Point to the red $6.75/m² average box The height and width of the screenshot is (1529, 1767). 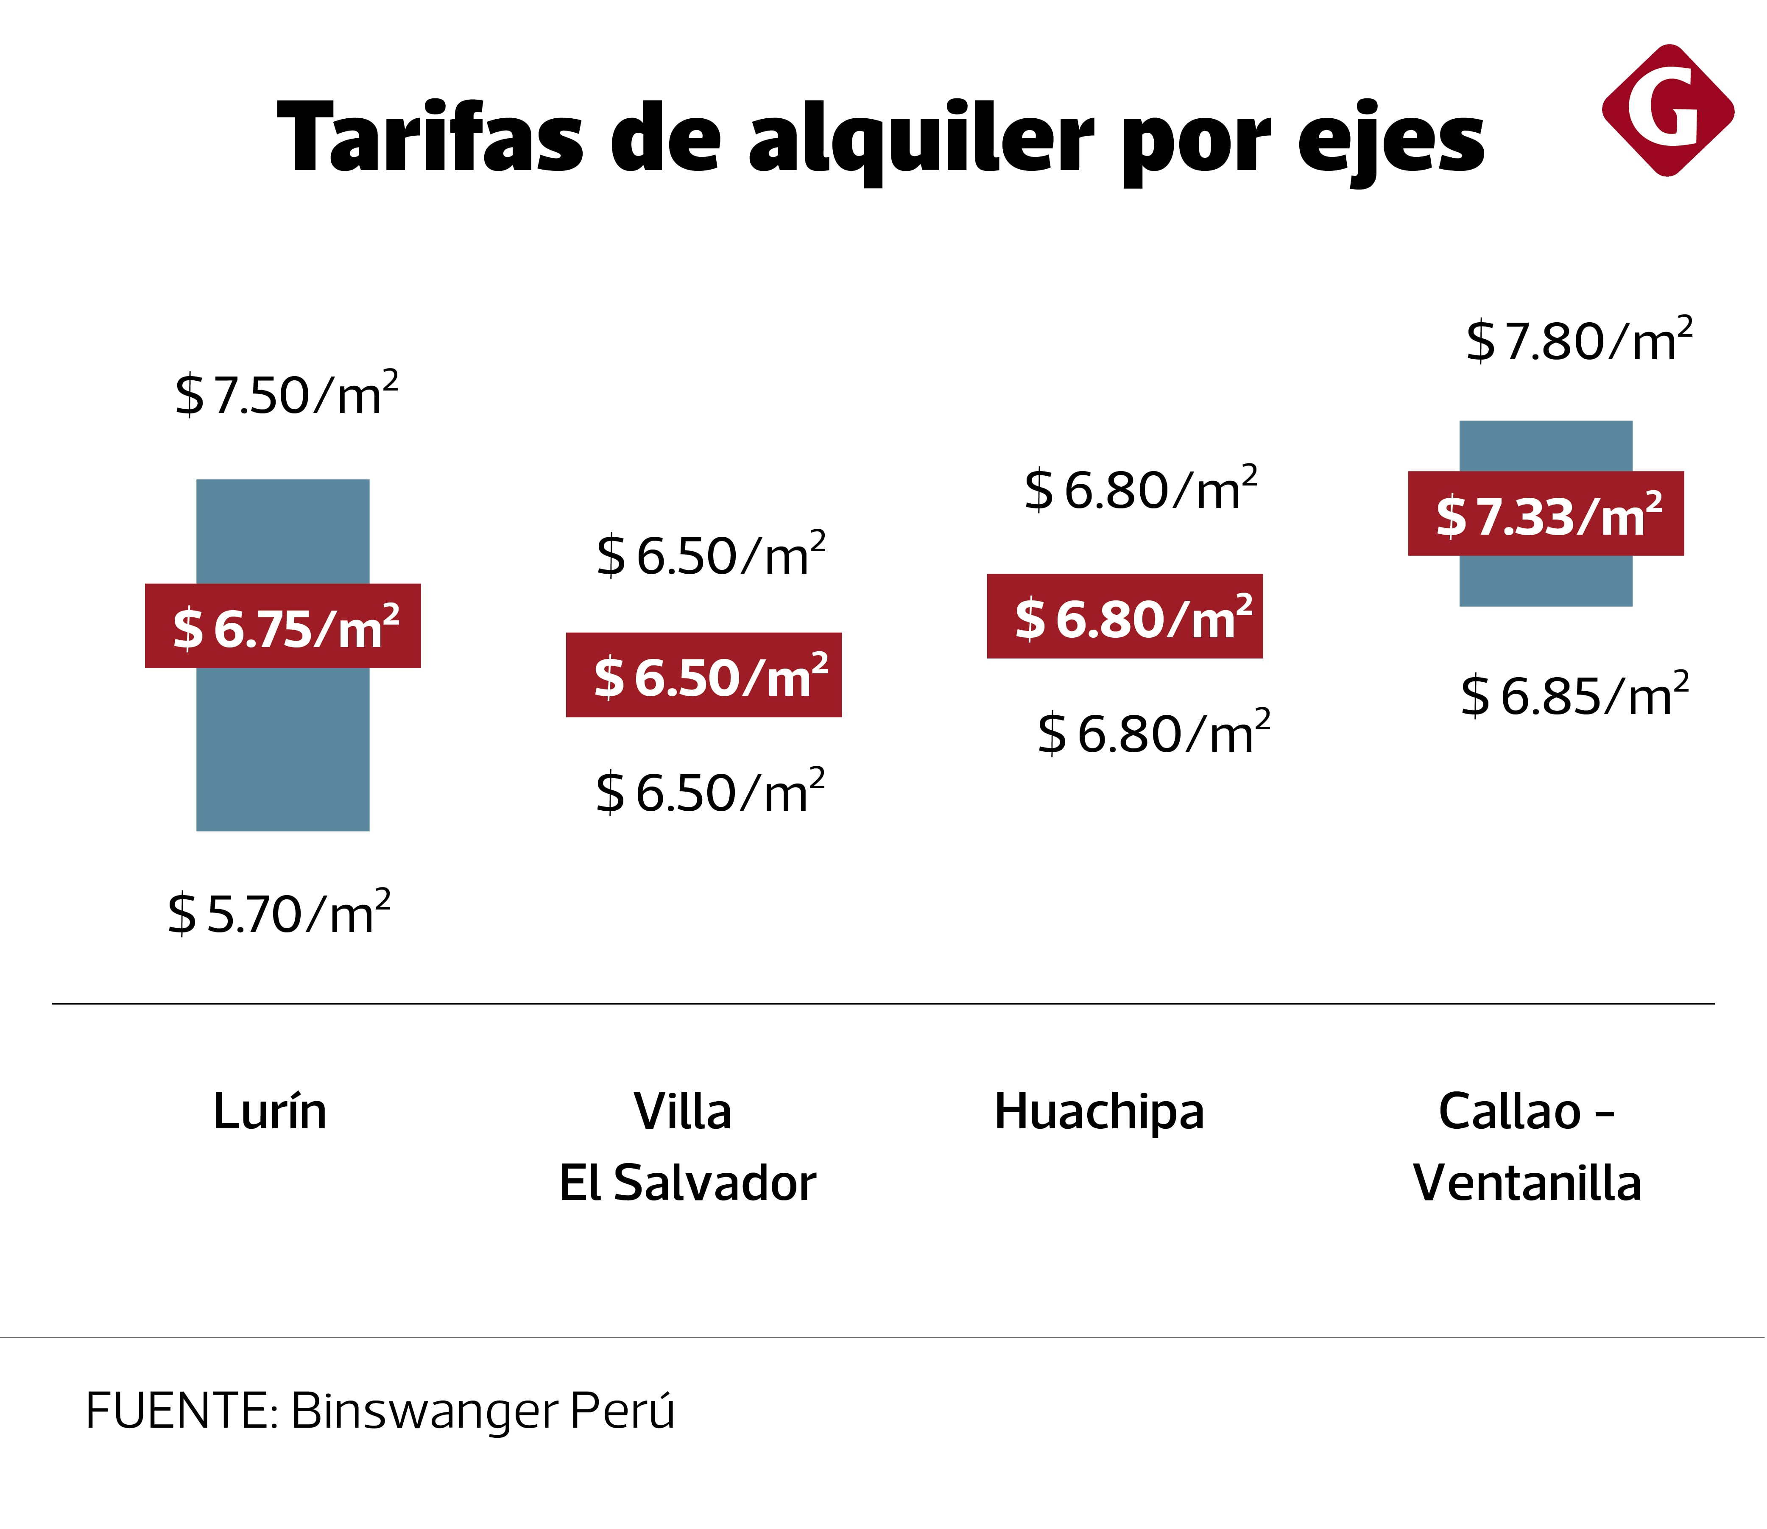click(x=282, y=626)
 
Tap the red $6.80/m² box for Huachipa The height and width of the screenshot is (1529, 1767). click(x=1125, y=616)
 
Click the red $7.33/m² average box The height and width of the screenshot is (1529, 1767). click(x=1545, y=513)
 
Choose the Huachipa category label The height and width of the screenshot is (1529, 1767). click(x=1099, y=1113)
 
